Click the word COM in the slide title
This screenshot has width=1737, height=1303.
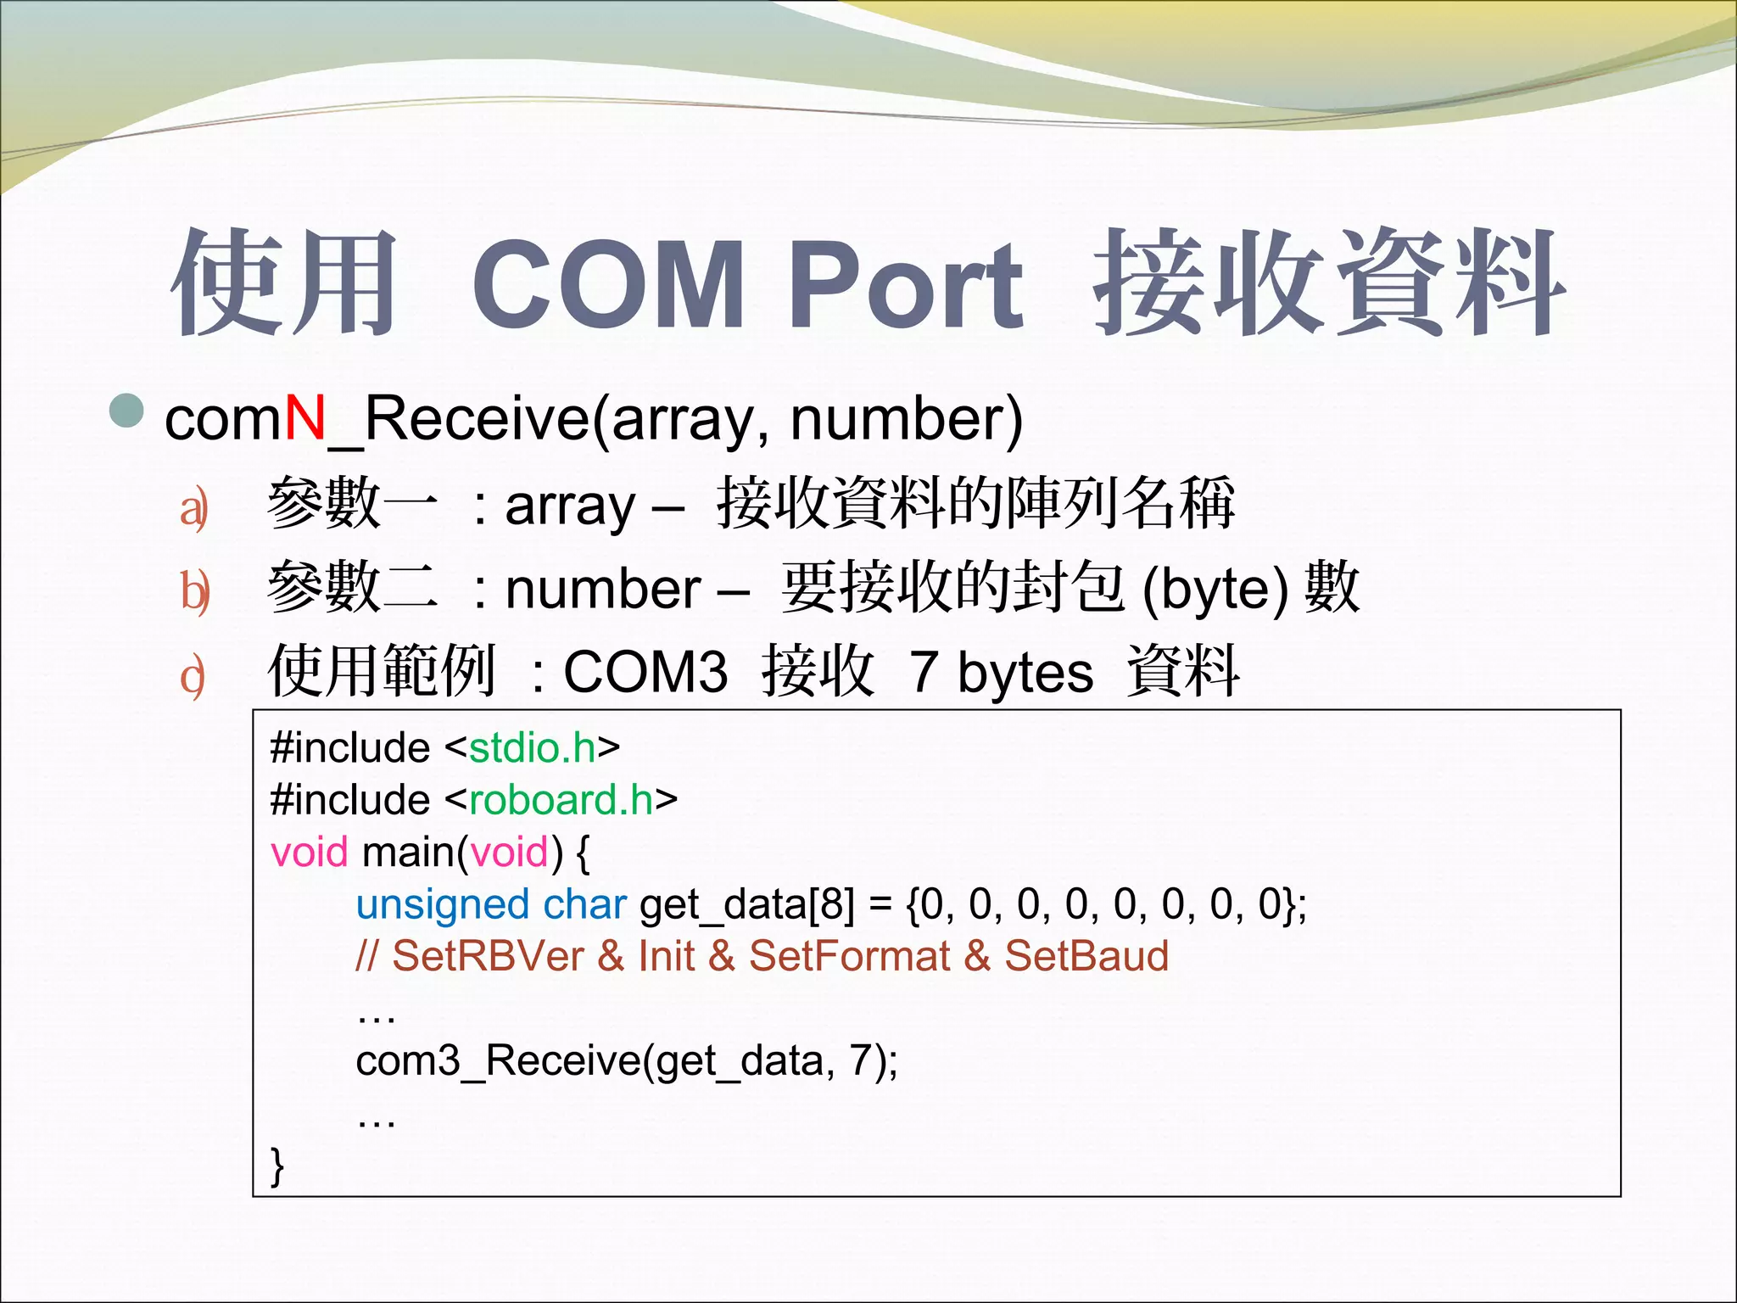coord(608,284)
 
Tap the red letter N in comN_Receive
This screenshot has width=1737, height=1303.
coord(304,418)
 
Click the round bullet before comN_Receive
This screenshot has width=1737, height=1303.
coord(127,411)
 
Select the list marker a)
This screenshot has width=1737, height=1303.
coord(193,509)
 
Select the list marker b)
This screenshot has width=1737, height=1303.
coord(194,591)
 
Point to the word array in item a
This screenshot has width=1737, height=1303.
coord(570,506)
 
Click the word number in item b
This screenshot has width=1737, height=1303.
coord(603,589)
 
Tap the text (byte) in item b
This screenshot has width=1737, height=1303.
coord(1215,589)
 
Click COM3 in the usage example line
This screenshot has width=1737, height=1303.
coord(645,672)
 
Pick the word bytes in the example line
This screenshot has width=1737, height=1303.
coord(1025,672)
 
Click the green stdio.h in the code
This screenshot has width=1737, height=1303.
coord(533,748)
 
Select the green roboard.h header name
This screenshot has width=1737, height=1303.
coord(561,800)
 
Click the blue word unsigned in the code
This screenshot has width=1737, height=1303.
coord(442,904)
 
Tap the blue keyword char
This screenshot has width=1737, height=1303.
coord(584,904)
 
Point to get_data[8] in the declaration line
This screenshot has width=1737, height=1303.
coord(747,904)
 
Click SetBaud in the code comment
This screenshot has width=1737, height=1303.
coord(1086,956)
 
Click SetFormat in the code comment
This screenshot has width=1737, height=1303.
coord(849,956)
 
